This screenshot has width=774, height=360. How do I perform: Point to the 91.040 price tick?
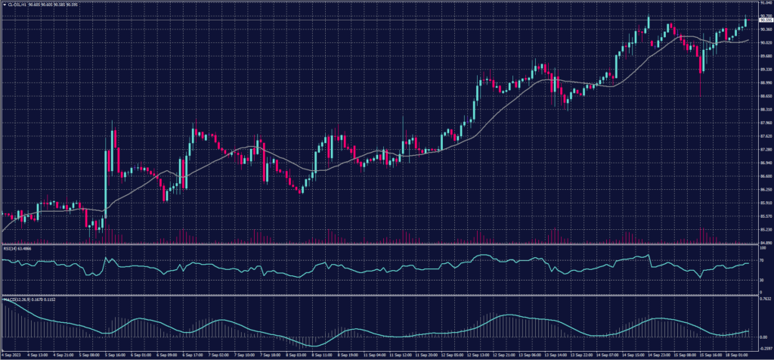762,3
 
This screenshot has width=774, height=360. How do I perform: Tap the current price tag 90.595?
762,20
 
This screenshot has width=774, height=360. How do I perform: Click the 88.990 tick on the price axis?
762,82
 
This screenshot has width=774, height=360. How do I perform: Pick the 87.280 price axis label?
762,149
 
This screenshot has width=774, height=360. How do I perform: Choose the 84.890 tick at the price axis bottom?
762,243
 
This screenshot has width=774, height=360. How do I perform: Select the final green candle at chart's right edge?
745,24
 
